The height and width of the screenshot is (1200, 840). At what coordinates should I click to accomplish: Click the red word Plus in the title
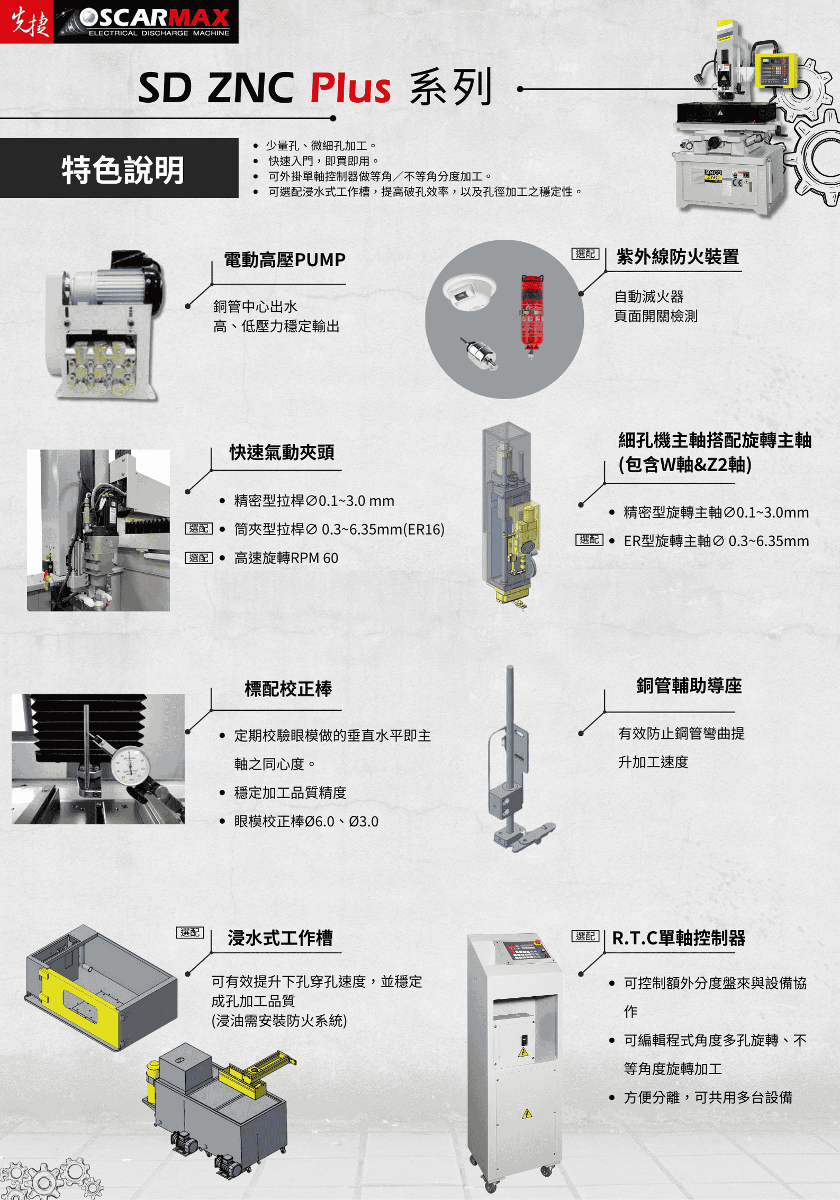350,88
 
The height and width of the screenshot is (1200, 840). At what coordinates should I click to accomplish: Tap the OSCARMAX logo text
155,19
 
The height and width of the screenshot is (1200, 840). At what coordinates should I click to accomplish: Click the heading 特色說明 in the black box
123,170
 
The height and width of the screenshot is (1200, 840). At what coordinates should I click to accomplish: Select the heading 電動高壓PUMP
284,260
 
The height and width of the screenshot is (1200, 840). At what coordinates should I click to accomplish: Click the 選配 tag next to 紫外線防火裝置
585,254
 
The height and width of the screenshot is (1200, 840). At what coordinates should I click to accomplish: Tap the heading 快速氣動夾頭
282,453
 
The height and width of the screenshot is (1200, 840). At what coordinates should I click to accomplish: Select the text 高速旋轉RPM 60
286,558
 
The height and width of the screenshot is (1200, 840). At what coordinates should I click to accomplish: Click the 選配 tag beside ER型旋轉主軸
589,539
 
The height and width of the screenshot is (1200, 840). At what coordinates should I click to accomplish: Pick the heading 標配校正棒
288,689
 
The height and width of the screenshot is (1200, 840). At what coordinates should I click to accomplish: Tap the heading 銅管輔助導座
689,686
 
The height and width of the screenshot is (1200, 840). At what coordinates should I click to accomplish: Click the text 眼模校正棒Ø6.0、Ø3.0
306,822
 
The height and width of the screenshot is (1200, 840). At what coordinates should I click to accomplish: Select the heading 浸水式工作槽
280,938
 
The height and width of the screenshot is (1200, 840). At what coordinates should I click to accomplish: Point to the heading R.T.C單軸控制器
679,938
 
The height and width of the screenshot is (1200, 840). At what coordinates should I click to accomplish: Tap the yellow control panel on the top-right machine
775,69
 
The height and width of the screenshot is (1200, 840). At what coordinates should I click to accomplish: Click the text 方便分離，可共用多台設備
708,1097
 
